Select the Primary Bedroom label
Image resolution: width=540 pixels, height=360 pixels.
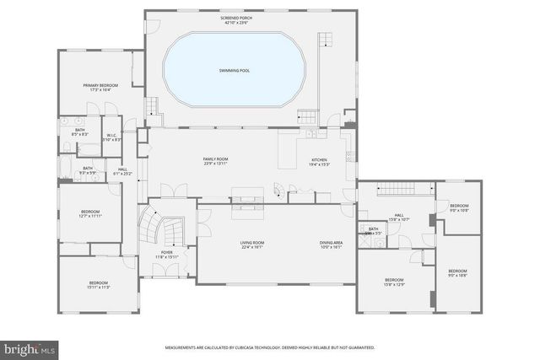(100, 87)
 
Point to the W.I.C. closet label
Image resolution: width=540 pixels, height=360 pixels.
(111, 137)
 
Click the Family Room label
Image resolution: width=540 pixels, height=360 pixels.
(215, 161)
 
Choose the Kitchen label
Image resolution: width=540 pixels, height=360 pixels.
(319, 162)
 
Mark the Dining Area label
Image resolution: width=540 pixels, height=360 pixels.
(330, 245)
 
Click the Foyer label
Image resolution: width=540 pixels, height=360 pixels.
(167, 254)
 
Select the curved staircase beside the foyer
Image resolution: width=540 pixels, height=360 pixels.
(151, 227)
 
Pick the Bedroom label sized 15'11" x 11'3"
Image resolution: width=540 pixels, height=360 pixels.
(99, 285)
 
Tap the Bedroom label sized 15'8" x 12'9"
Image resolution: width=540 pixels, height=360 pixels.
(395, 282)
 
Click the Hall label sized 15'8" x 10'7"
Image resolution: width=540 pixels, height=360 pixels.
(399, 217)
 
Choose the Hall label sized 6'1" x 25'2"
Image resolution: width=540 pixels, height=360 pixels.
(122, 171)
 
